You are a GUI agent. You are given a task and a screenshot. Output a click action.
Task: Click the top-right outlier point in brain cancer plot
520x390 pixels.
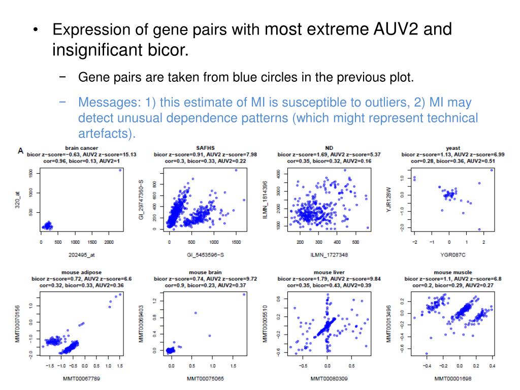coord(120,170)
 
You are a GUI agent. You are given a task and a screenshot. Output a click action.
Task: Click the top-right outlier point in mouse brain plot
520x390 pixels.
coord(244,294)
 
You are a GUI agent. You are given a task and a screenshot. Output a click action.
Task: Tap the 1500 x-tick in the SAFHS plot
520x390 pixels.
coord(236,242)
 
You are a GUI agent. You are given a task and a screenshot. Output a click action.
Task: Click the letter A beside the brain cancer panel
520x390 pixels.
coord(21,150)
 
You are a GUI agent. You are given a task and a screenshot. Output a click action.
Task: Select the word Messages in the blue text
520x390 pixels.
coord(106,103)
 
